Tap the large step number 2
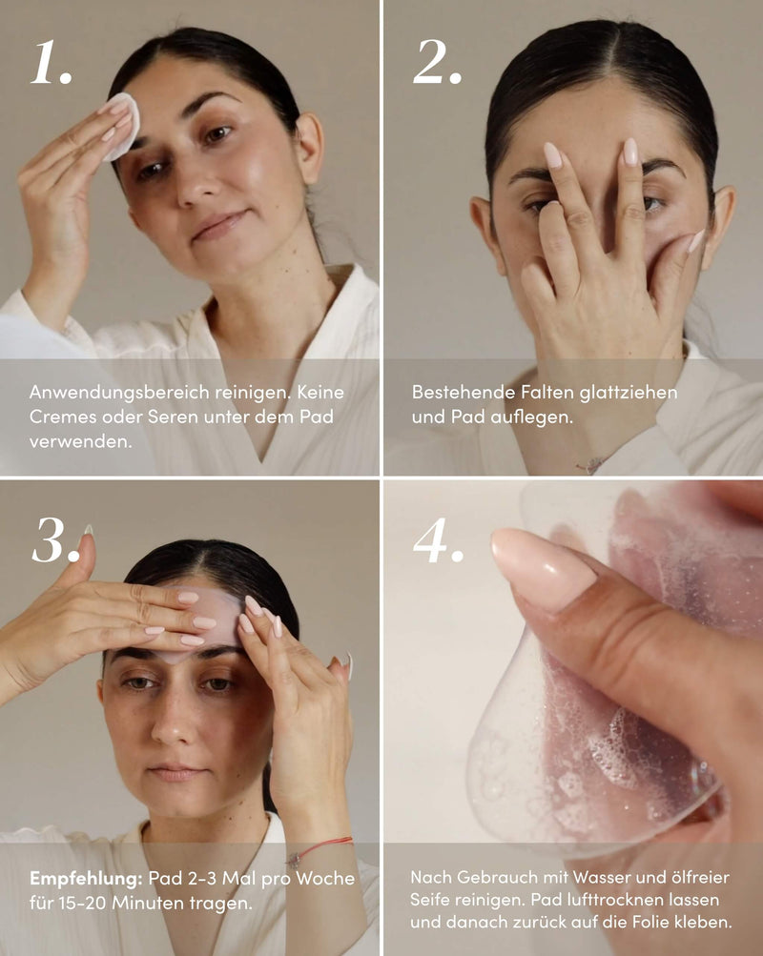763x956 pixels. coord(437,62)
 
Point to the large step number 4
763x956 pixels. coord(438,540)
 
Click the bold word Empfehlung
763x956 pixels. coord(86,879)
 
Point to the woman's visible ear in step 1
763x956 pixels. coord(308,148)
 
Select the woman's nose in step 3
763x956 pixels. coord(175,720)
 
